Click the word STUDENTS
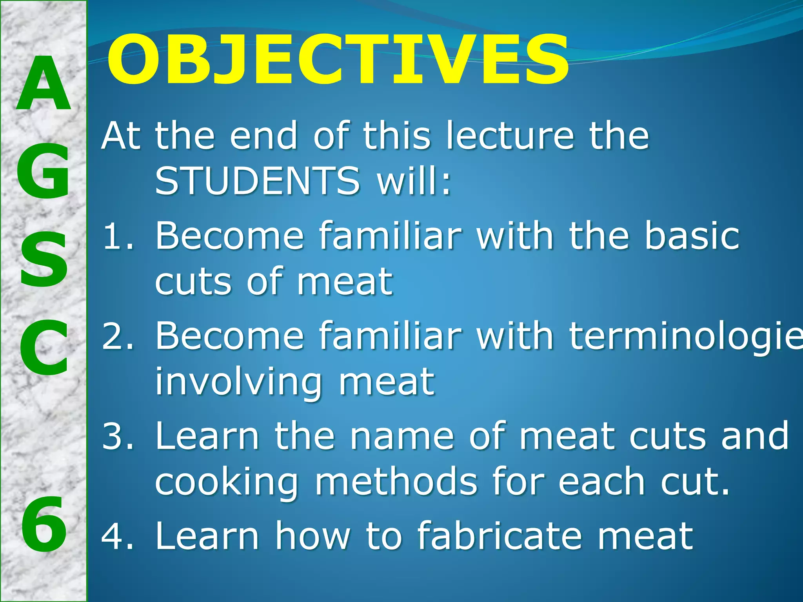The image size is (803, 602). pyautogui.click(x=257, y=181)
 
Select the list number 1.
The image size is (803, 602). pyautogui.click(x=117, y=236)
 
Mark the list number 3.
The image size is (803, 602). pyautogui.click(x=117, y=436)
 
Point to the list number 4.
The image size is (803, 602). pyautogui.click(x=117, y=536)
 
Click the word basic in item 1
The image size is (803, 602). pyautogui.click(x=692, y=236)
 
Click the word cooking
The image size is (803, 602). pyautogui.click(x=227, y=482)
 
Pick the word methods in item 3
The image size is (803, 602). pyautogui.click(x=396, y=481)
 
